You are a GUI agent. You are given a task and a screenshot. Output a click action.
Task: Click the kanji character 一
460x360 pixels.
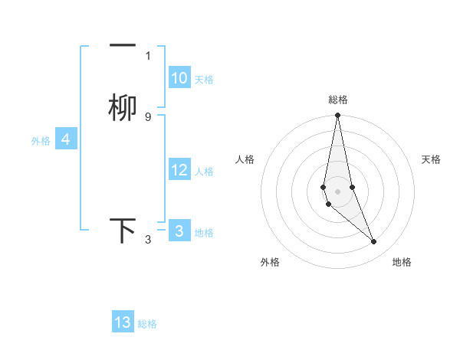pyautogui.click(x=123, y=47)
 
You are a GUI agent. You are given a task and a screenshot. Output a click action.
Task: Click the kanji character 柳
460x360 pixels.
pyautogui.click(x=123, y=108)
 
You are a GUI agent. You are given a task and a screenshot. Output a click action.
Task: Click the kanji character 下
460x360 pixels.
pyautogui.click(x=123, y=231)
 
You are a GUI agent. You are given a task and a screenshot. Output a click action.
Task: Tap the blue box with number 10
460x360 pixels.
pyautogui.click(x=179, y=78)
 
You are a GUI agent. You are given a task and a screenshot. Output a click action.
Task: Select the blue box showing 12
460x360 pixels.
pyautogui.click(x=179, y=170)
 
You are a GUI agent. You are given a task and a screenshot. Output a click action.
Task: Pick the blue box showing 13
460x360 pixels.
pyautogui.click(x=123, y=322)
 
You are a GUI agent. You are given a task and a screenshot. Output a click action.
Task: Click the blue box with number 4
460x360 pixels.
pyautogui.click(x=66, y=139)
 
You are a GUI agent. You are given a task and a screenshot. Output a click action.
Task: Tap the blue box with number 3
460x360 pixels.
pyautogui.click(x=179, y=231)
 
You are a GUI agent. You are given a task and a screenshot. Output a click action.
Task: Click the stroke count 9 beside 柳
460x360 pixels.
pyautogui.click(x=148, y=117)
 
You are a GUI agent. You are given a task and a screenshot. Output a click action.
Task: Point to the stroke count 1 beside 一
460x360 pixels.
pyautogui.click(x=148, y=56)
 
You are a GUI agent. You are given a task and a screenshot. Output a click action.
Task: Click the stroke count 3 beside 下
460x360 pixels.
pyautogui.click(x=148, y=240)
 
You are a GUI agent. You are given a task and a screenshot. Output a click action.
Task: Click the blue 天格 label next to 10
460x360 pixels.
pyautogui.click(x=204, y=80)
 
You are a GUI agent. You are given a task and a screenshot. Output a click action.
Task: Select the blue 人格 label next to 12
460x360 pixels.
pyautogui.click(x=204, y=172)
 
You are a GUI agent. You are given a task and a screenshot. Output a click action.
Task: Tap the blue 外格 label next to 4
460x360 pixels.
pyautogui.click(x=41, y=141)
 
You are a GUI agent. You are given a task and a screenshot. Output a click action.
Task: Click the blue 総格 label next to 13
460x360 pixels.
pyautogui.click(x=147, y=324)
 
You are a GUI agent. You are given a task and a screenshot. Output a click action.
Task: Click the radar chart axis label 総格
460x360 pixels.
pyautogui.click(x=338, y=100)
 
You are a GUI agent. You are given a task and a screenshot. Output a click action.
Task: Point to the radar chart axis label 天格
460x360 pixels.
pyautogui.click(x=432, y=159)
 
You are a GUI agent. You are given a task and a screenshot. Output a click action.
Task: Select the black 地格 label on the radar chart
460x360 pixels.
pyautogui.click(x=402, y=262)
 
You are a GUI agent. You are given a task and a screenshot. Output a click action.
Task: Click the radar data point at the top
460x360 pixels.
pyautogui.click(x=337, y=116)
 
